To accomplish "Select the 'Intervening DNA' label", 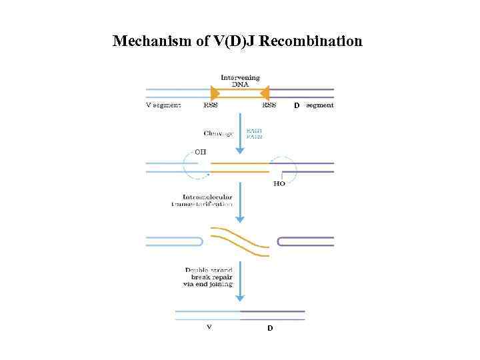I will click(240, 81).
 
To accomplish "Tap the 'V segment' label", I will click(163, 105).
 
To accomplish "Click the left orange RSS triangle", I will click(215, 93).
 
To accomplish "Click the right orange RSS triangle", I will click(265, 93).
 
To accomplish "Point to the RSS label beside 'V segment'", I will click(211, 105).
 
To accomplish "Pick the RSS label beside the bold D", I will click(269, 105).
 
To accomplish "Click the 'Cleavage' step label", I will click(219, 133).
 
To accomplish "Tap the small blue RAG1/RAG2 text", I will click(255, 133).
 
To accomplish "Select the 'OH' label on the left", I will click(200, 152).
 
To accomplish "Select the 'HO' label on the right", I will click(279, 183).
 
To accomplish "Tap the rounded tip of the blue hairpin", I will click(201, 241).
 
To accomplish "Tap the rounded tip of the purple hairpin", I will click(279, 241).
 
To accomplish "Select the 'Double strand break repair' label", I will click(209, 277).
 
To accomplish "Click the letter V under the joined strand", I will click(209, 327).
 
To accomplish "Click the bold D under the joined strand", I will click(270, 328).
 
